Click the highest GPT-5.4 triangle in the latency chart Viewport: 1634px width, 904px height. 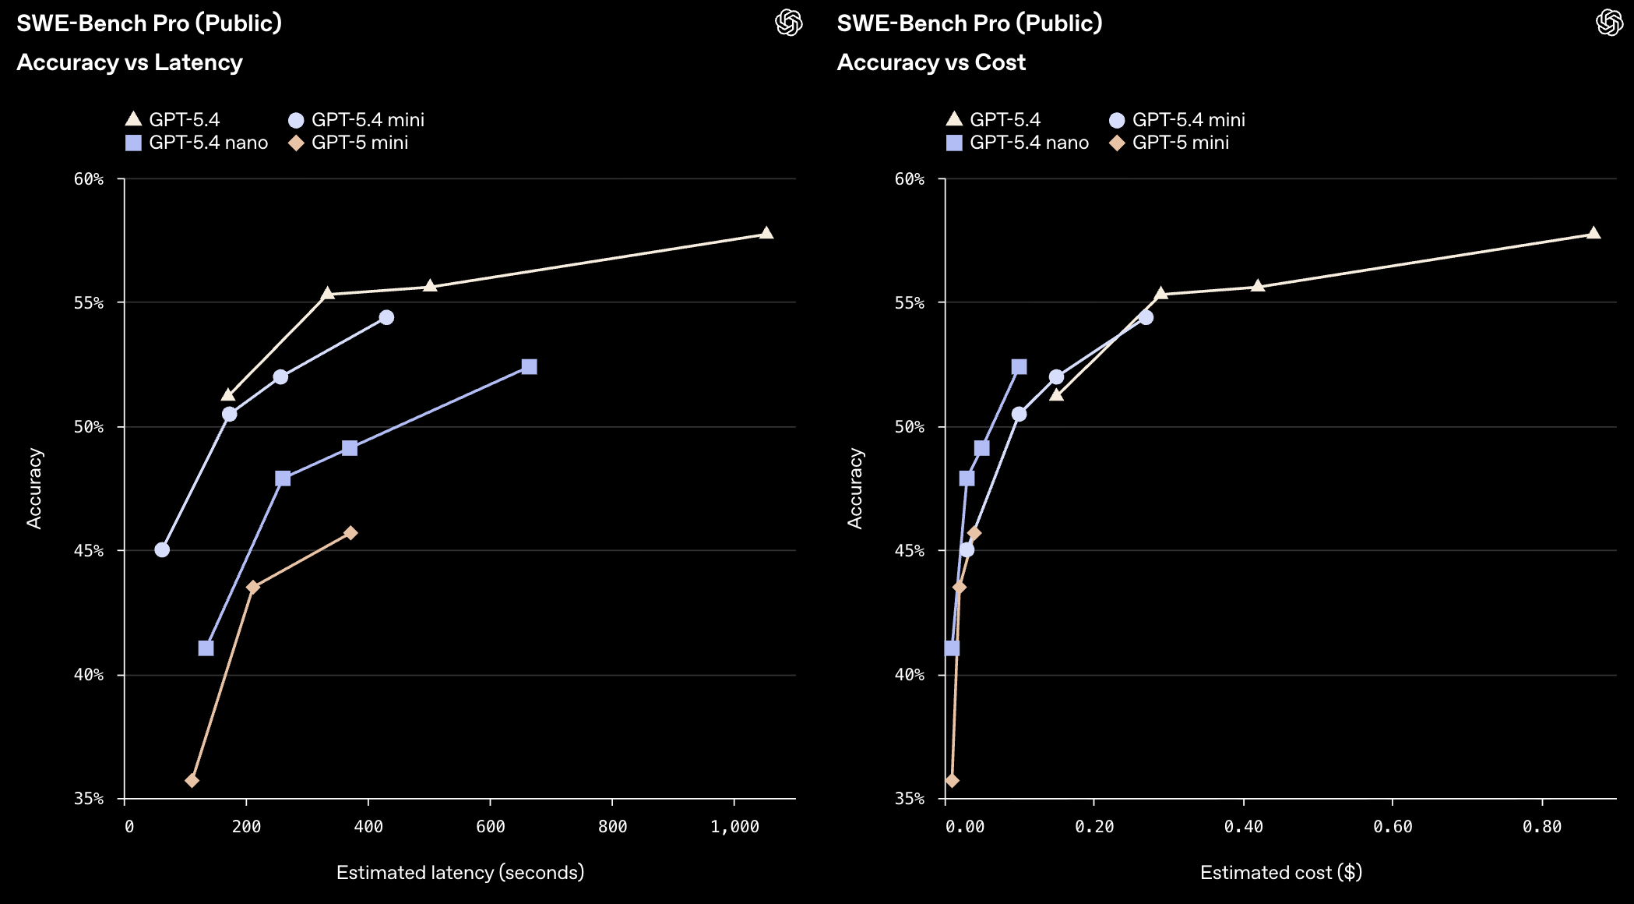[x=766, y=233]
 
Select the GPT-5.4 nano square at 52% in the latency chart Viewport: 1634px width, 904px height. [x=529, y=367]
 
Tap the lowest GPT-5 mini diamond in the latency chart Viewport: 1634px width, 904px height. [x=192, y=780]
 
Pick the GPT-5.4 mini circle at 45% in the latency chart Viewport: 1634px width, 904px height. [x=162, y=549]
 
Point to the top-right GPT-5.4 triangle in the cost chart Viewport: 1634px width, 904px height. [x=1594, y=233]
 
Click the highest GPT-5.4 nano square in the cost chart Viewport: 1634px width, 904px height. [x=1019, y=367]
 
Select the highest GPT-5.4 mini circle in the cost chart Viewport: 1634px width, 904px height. [x=1146, y=317]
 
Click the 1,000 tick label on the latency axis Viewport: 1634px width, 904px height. [x=734, y=827]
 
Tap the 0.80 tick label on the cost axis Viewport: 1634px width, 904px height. [x=1542, y=827]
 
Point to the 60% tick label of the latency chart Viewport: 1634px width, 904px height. [x=89, y=179]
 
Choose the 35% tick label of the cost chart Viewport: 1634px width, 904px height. [x=910, y=799]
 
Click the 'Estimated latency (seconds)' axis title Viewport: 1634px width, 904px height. [x=460, y=872]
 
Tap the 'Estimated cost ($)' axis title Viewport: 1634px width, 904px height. [x=1281, y=872]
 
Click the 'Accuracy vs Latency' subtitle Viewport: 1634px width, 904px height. [x=130, y=62]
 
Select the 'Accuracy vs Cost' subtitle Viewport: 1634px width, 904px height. [x=931, y=62]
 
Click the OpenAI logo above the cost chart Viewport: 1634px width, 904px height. [x=1609, y=23]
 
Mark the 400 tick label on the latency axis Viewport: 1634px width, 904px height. [x=368, y=827]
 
